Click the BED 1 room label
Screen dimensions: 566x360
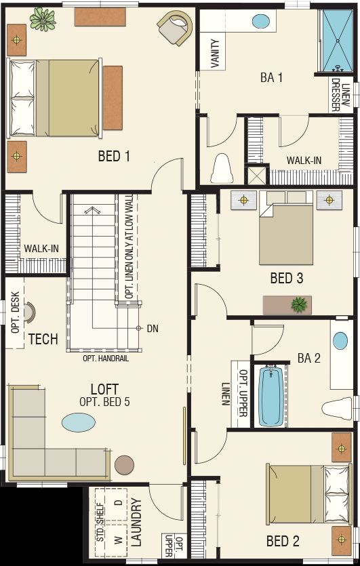coord(114,157)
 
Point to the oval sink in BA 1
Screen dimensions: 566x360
coord(260,21)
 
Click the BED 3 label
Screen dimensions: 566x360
coord(286,278)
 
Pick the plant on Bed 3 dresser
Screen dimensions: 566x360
coord(298,304)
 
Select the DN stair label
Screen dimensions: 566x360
coord(153,329)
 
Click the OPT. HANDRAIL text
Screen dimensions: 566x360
coord(106,359)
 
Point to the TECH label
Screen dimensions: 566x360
coord(43,339)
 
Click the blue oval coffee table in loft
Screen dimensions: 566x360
coord(79,422)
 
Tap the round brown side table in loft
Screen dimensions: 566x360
coord(125,465)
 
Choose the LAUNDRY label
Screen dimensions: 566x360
coord(136,523)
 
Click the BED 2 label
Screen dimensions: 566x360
coord(283,541)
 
